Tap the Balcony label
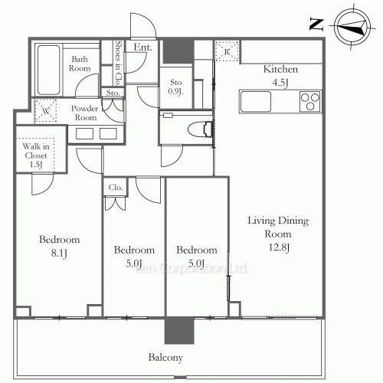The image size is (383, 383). tap(165, 357)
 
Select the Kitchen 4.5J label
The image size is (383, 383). tap(280, 75)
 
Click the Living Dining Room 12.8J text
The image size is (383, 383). tap(277, 235)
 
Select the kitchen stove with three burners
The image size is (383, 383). tap(309, 100)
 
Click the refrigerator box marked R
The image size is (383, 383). tap(228, 52)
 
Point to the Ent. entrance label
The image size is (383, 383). tap(142, 48)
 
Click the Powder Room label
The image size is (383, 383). tap(85, 113)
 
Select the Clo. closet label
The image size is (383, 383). tap(116, 186)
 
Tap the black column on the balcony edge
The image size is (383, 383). tap(175, 330)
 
